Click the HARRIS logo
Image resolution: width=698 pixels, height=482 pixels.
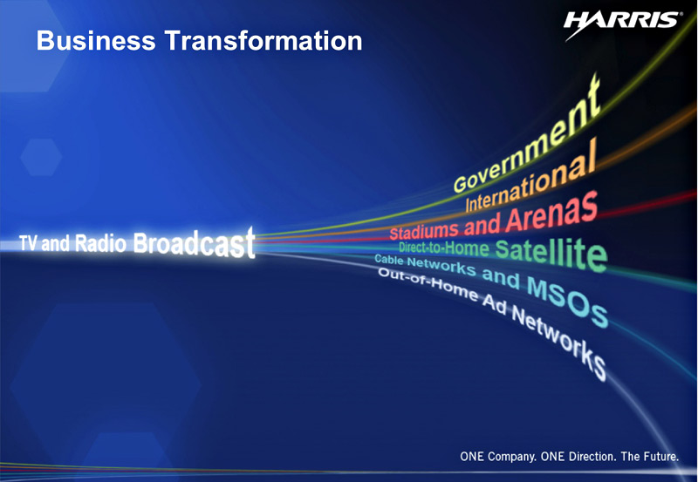621,24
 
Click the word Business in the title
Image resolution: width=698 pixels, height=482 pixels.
96,40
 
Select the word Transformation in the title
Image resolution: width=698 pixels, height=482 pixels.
263,40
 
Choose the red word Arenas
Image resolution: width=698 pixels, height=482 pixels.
552,211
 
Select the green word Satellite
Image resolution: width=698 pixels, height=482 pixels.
551,255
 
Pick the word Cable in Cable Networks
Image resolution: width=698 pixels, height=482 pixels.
388,259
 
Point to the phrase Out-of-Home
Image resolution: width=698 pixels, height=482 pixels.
428,284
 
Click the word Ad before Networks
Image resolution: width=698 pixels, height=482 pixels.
494,305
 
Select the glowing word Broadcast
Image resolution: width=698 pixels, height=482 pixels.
194,243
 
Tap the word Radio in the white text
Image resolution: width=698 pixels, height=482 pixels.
100,243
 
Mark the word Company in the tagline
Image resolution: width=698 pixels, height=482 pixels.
511,457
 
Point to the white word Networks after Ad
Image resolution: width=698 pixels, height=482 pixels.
558,341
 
